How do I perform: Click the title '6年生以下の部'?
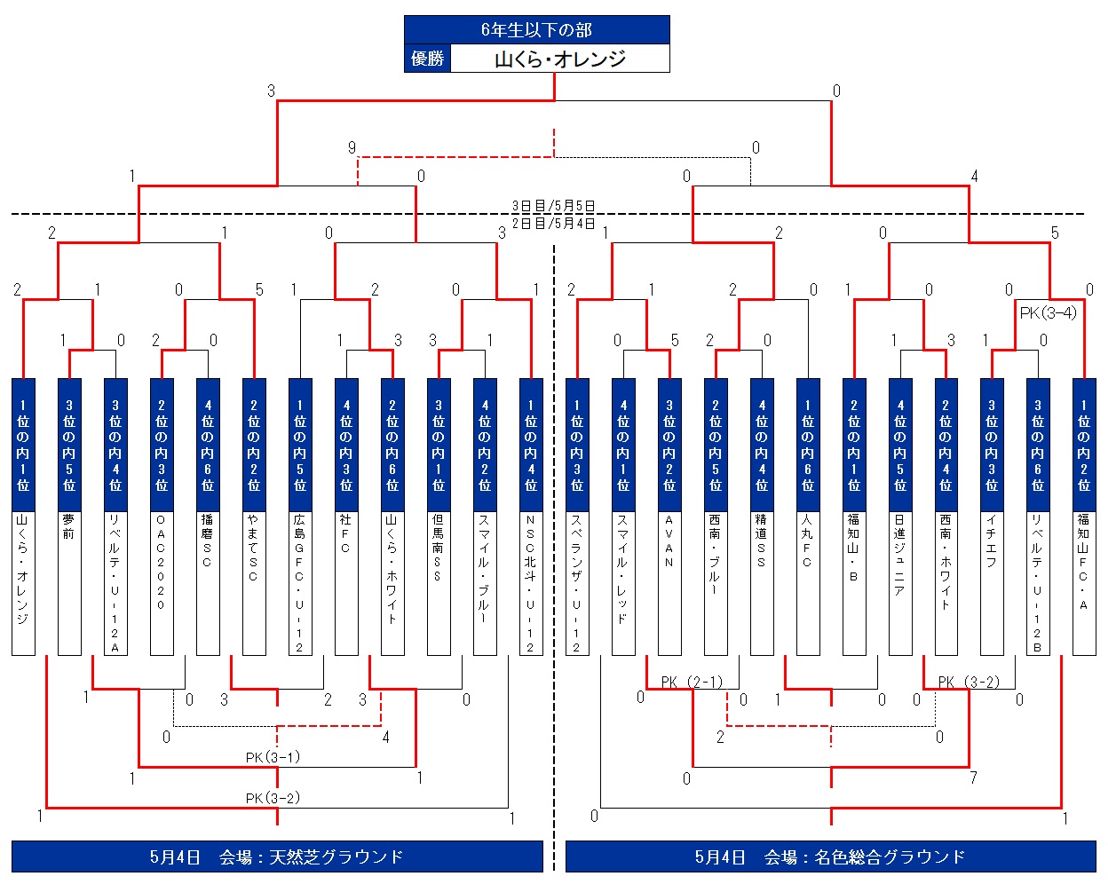[x=536, y=29]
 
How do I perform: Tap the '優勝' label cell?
[x=427, y=59]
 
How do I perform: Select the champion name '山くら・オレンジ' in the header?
[x=559, y=59]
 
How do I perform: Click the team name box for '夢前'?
[x=69, y=582]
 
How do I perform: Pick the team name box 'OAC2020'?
[x=162, y=582]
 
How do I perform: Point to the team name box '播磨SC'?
[x=208, y=582]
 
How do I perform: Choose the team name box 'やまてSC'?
[x=254, y=582]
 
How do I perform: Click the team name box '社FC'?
[x=346, y=582]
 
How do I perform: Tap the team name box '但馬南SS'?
[x=439, y=582]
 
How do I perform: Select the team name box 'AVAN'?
[x=669, y=582]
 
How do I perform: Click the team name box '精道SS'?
[x=762, y=582]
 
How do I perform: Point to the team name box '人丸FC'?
[x=808, y=582]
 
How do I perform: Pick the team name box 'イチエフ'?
[x=993, y=582]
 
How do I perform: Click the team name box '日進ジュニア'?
[x=900, y=582]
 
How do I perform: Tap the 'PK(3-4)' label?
[x=1048, y=312]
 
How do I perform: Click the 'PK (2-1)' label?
[x=692, y=682]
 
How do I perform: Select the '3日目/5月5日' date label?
[x=553, y=205]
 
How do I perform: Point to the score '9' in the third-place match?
[x=352, y=148]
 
